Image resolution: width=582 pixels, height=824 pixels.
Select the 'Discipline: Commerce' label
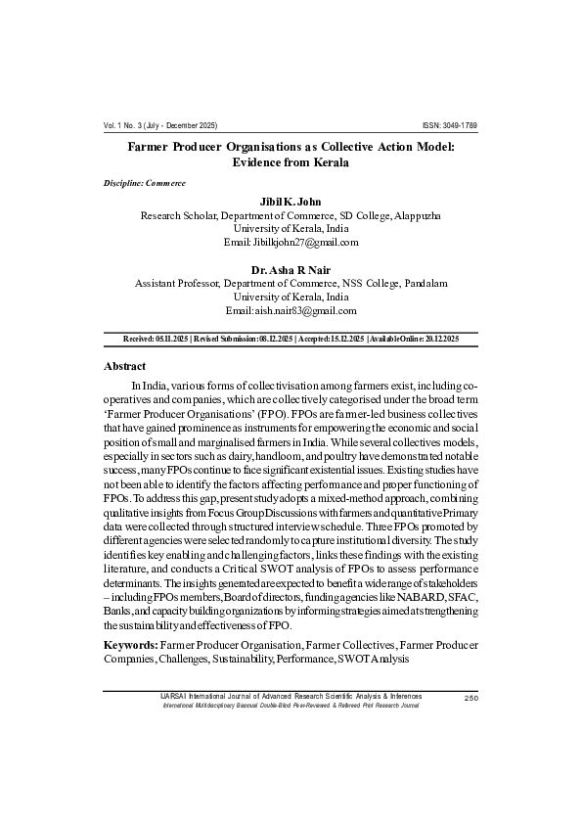tap(145, 184)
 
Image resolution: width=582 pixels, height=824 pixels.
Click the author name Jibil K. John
tap(291, 202)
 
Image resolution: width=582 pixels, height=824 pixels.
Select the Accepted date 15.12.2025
tap(343, 338)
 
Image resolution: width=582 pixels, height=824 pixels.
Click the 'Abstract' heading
tap(125, 365)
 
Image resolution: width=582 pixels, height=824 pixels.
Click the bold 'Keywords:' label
tap(130, 645)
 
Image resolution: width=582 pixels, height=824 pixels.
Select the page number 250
tap(470, 698)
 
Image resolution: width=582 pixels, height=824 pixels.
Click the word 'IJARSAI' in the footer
tap(173, 696)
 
